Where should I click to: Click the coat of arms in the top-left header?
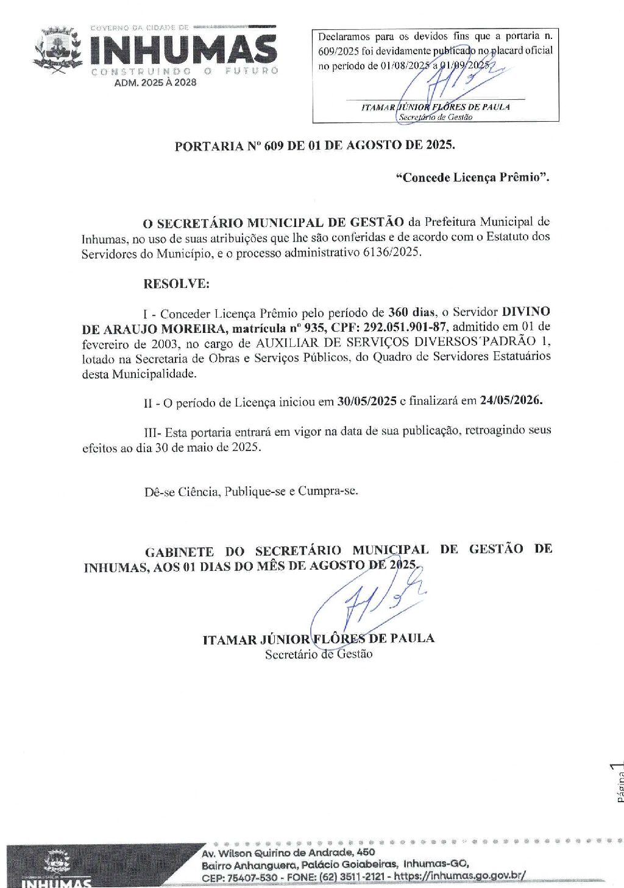(58, 50)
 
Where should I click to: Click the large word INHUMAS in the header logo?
(183, 49)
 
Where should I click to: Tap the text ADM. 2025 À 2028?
(155, 82)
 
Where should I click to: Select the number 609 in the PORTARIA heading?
(274, 146)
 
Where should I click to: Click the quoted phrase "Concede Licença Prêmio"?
(472, 177)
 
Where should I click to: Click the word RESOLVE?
(176, 284)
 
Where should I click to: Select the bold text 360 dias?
(411, 312)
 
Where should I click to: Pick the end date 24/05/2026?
(511, 400)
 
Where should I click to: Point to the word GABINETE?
(179, 552)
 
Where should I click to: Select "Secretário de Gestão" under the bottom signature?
(318, 654)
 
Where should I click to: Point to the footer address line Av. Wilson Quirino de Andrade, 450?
(288, 853)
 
